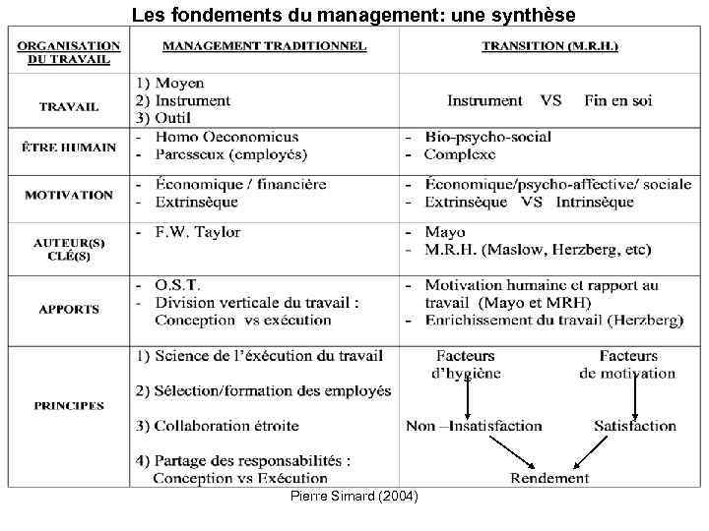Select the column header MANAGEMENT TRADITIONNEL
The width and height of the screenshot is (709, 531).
[264, 46]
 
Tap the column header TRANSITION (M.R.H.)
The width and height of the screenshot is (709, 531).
[549, 46]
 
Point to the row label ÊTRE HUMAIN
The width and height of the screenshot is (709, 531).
[69, 147]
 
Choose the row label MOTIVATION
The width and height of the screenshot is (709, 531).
[69, 194]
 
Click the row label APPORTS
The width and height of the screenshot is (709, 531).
[69, 309]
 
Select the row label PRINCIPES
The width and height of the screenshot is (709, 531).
[69, 405]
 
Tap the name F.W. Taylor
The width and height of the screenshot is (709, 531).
[198, 233]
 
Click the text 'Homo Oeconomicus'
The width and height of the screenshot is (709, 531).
[226, 137]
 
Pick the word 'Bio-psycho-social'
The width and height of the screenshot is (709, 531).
[487, 137]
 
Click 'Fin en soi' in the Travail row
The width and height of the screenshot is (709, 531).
[617, 100]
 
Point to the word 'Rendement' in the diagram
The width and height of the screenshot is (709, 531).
[549, 478]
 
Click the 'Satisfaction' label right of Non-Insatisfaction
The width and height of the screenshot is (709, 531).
[635, 426]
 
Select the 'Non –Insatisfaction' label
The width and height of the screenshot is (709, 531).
[474, 426]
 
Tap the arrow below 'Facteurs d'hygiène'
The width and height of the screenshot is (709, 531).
[468, 397]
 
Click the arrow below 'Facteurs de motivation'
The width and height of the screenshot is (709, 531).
[635, 397]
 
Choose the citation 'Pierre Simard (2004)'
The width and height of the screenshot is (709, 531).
[354, 498]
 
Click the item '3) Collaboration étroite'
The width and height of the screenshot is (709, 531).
[217, 426]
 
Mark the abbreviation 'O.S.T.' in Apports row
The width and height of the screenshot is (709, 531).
[179, 285]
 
